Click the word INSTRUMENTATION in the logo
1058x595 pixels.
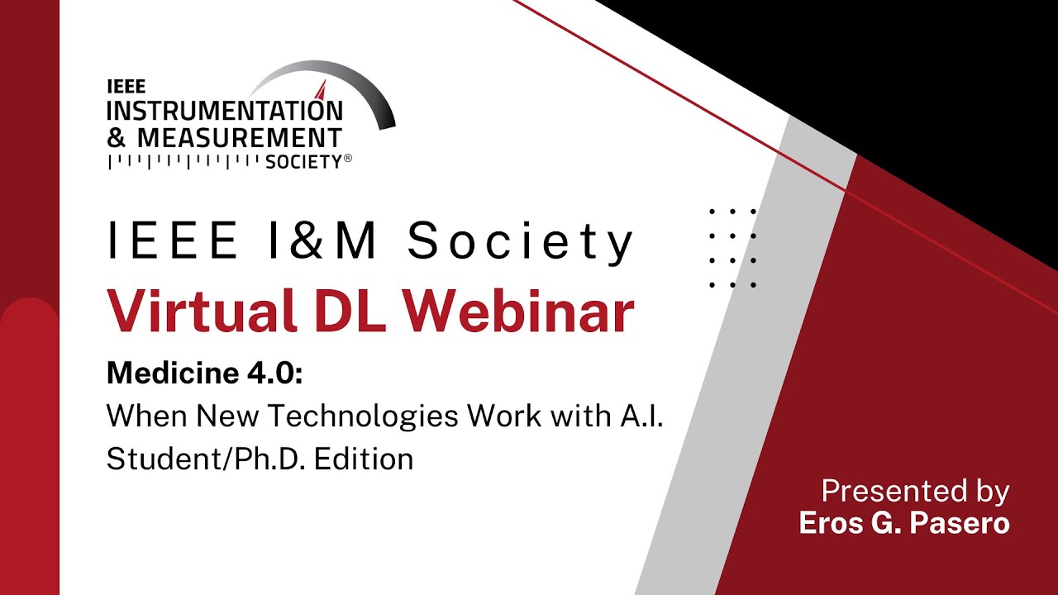pyautogui.click(x=224, y=110)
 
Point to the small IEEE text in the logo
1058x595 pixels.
pyautogui.click(x=126, y=86)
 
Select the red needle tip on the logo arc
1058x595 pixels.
pyautogui.click(x=322, y=88)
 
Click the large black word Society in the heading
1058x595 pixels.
pyautogui.click(x=521, y=241)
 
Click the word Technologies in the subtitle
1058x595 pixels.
pyautogui.click(x=364, y=416)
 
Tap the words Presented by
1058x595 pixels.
pyautogui.click(x=915, y=492)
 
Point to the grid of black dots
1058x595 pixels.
pyautogui.click(x=733, y=248)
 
